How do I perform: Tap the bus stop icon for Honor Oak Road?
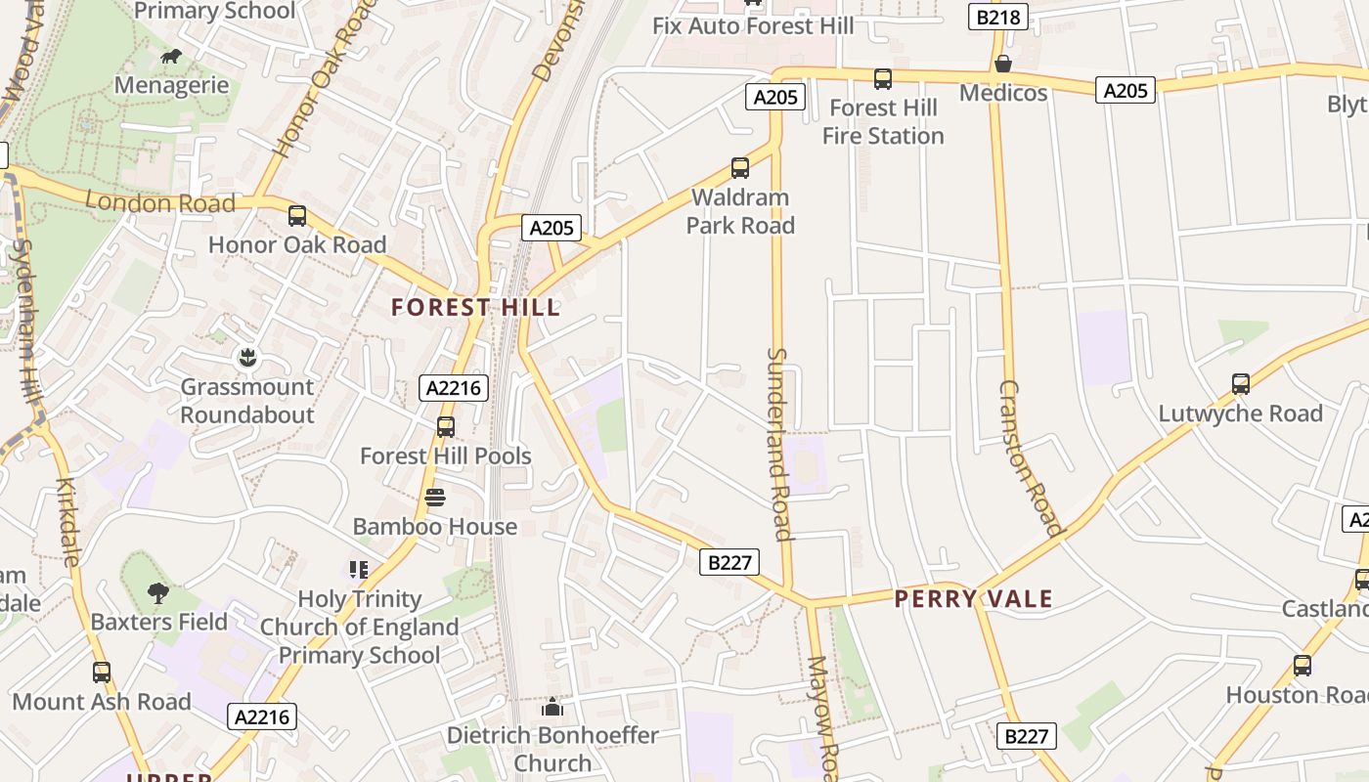[x=297, y=216]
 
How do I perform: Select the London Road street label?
[x=160, y=203]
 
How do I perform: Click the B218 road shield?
[x=997, y=17]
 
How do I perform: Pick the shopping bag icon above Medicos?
[x=1002, y=65]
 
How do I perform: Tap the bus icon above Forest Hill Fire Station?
[x=882, y=79]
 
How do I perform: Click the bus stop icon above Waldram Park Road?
[x=740, y=168]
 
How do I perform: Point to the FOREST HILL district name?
[x=476, y=308]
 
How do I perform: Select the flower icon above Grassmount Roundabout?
[x=247, y=358]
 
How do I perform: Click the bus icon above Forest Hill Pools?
[x=446, y=427]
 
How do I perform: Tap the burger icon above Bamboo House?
[x=435, y=499]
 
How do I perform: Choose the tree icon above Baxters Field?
[x=157, y=592]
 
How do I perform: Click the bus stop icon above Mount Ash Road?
[x=102, y=673]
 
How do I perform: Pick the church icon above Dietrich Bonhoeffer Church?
[x=552, y=706]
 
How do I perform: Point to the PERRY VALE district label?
[x=974, y=599]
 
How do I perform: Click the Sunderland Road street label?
[x=778, y=444]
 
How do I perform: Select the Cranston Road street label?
[x=1030, y=458]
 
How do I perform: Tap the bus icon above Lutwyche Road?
[x=1241, y=384]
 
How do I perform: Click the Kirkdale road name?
[x=67, y=522]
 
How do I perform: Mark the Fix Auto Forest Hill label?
[x=753, y=26]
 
